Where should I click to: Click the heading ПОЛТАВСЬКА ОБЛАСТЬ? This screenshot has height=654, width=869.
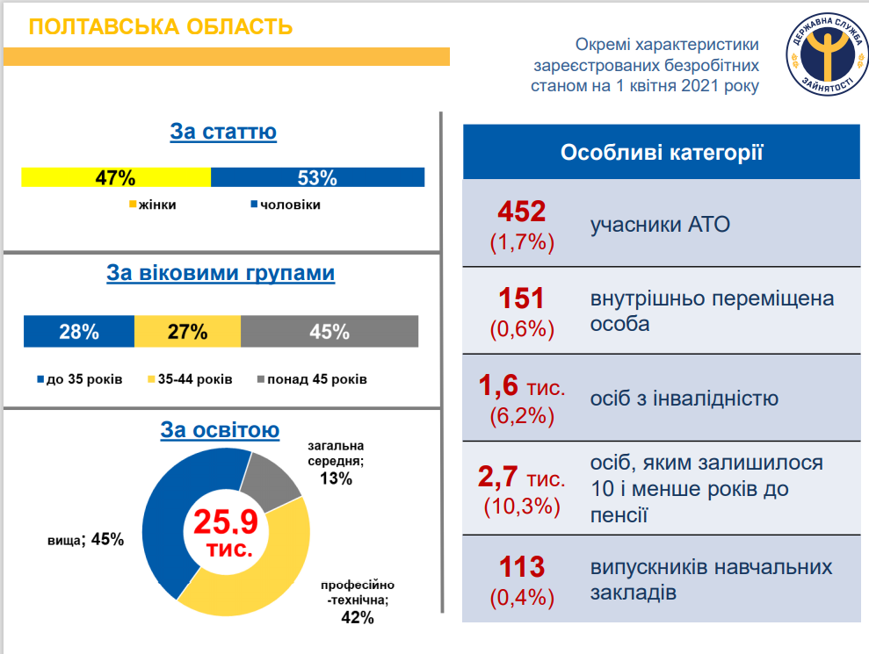point(161,26)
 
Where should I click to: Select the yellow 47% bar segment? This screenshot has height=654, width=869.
point(116,177)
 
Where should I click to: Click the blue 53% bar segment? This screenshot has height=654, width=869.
point(317,177)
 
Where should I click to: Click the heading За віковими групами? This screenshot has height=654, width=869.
point(221,273)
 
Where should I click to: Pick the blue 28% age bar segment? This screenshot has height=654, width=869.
point(79,332)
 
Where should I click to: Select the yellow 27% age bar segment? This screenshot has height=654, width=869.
point(187,332)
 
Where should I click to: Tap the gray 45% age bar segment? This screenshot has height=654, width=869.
point(329,332)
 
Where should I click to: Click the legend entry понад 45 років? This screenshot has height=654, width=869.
point(311,379)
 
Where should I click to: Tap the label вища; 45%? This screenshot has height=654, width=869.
point(85,539)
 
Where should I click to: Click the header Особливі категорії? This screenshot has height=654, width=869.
point(661,153)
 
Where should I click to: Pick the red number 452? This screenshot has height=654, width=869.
point(522,212)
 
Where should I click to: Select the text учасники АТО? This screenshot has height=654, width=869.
point(660,225)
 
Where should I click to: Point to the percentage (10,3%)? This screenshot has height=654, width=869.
point(522,506)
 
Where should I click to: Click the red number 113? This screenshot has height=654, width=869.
point(522,567)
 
